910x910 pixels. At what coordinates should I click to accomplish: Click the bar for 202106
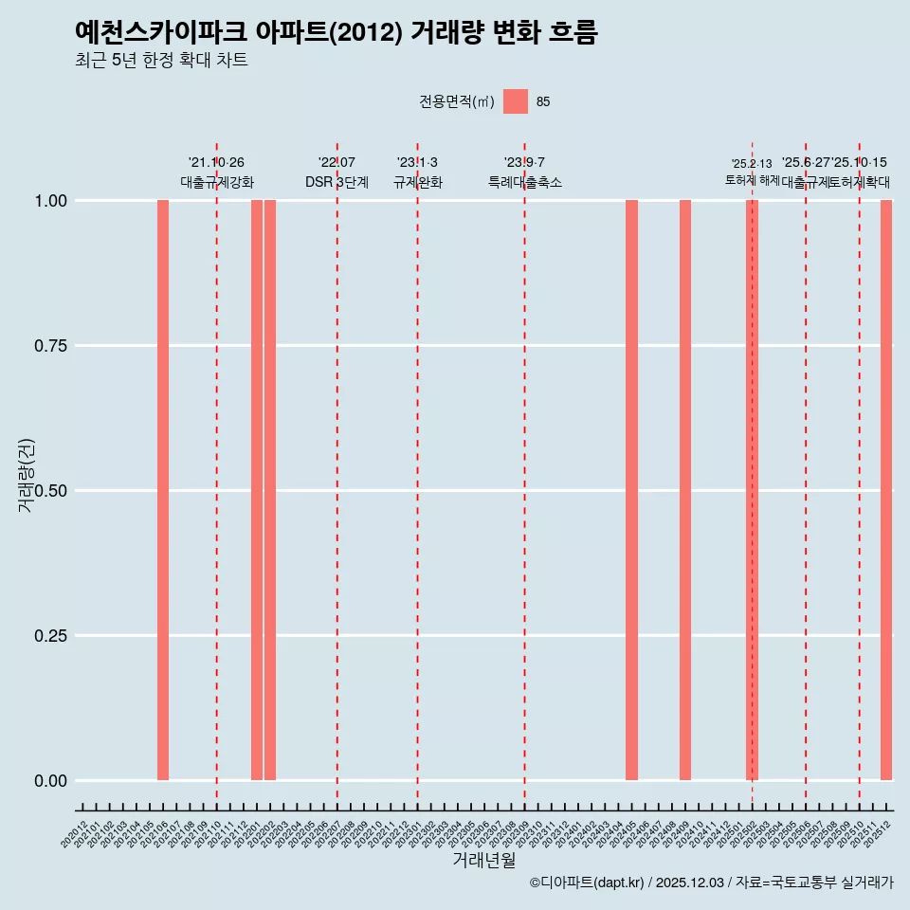(x=163, y=490)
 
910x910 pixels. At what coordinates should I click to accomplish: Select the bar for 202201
(x=257, y=490)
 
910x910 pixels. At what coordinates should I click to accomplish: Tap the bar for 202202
(x=270, y=490)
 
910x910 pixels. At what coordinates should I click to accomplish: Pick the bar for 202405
(x=631, y=490)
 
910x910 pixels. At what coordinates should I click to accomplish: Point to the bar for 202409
(x=685, y=490)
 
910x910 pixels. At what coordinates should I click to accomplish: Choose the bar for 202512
(x=886, y=490)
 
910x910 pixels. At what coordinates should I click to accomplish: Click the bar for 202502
(x=752, y=490)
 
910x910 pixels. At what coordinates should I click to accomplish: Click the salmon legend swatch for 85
(x=516, y=101)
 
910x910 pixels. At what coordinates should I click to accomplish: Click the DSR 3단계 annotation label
(x=337, y=182)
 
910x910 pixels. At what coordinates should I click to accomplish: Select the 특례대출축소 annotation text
(x=524, y=182)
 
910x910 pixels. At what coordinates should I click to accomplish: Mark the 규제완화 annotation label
(x=417, y=182)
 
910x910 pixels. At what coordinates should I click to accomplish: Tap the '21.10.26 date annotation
(x=216, y=163)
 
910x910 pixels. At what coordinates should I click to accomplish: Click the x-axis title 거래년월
(x=483, y=860)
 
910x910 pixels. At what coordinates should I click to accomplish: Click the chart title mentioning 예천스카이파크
(x=336, y=32)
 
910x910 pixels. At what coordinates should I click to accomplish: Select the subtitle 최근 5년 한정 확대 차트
(x=161, y=61)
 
